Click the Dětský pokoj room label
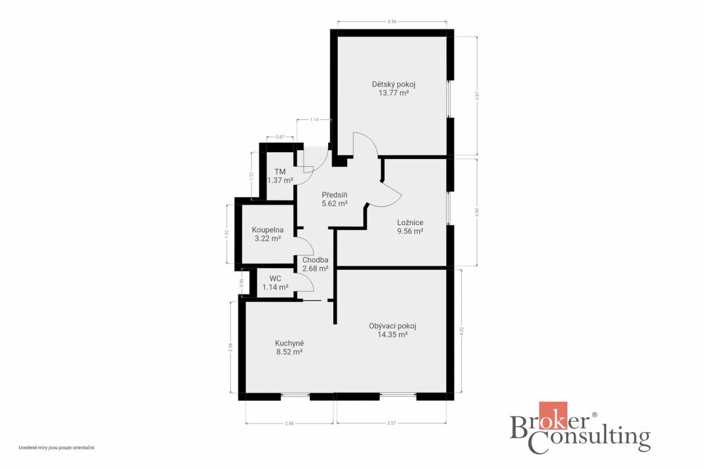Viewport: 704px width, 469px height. (x=393, y=84)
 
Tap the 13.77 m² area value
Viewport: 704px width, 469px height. (x=393, y=93)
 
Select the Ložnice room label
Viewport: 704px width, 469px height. (x=410, y=222)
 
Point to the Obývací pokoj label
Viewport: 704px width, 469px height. (x=392, y=326)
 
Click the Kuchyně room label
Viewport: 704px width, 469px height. (x=289, y=343)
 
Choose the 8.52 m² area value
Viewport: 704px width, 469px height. (x=289, y=352)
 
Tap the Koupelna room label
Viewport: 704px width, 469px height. (x=268, y=230)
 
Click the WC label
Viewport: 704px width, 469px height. (x=275, y=278)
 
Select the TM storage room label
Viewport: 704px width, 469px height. (x=280, y=171)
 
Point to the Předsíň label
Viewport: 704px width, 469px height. (x=334, y=195)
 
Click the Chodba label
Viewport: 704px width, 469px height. (x=315, y=260)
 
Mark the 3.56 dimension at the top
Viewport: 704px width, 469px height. (x=392, y=22)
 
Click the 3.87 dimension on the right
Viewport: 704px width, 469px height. (x=477, y=96)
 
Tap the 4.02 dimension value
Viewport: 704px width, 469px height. (x=462, y=331)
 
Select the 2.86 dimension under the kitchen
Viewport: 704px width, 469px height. (x=289, y=424)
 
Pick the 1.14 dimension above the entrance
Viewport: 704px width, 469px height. (x=314, y=119)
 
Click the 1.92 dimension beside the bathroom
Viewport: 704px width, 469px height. (x=227, y=234)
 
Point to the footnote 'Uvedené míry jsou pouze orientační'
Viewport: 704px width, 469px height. (x=57, y=448)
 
